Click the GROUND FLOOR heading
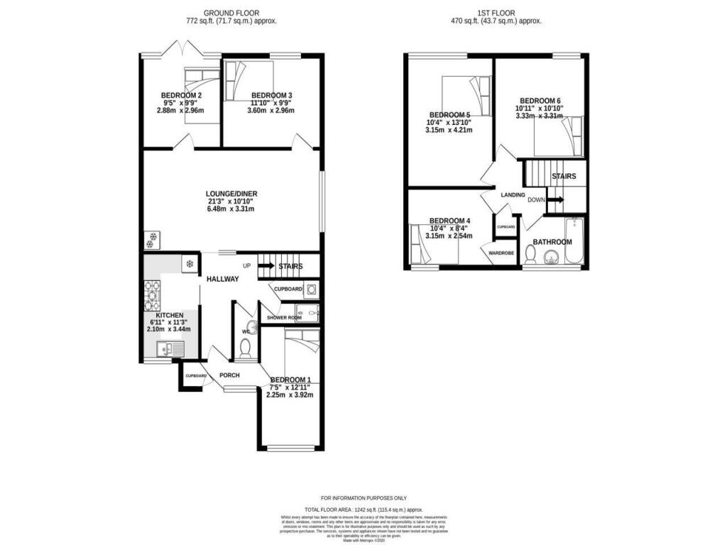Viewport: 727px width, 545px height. click(231, 13)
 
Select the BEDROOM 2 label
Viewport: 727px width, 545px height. click(180, 96)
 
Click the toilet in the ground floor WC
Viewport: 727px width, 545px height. click(245, 347)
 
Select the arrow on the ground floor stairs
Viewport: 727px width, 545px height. click(266, 266)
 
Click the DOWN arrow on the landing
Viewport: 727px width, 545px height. click(556, 200)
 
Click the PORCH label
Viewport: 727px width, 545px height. click(229, 375)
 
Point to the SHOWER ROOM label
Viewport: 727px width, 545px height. click(284, 318)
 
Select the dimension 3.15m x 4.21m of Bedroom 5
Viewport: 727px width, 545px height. click(448, 130)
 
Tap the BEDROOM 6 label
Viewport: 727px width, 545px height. click(540, 101)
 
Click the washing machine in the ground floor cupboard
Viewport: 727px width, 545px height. click(311, 290)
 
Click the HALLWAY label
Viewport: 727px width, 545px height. click(222, 279)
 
